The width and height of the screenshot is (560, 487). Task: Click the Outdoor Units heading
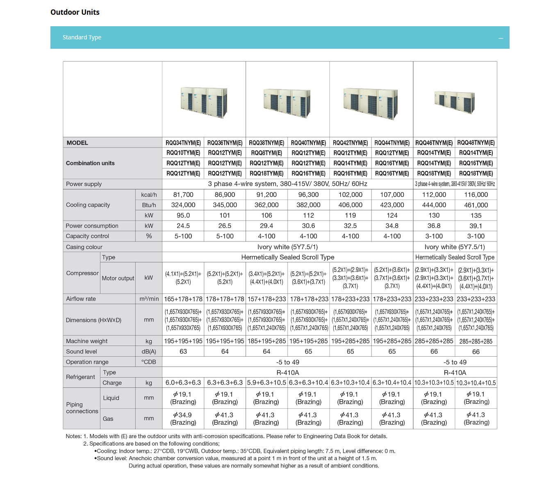click(x=75, y=12)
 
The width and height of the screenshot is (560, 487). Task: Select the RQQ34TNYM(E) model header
click(x=183, y=143)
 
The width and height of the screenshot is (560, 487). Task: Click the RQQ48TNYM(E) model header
click(x=476, y=143)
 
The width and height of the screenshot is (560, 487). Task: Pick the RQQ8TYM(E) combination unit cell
click(x=266, y=153)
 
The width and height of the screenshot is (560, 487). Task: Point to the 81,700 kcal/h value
click(x=183, y=195)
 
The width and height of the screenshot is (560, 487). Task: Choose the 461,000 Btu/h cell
click(x=476, y=205)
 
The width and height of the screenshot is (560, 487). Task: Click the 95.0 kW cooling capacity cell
click(x=183, y=215)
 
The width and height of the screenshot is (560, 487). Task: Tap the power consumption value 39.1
click(x=476, y=226)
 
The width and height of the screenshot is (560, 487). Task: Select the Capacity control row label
click(x=88, y=236)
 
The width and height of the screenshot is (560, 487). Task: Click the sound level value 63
click(x=183, y=351)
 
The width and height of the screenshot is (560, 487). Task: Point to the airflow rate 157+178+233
click(x=266, y=299)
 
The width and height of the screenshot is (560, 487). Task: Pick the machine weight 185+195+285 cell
click(x=266, y=341)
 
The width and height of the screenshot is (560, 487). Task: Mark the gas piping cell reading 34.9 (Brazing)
click(x=183, y=419)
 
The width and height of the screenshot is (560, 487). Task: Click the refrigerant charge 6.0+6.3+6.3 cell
click(x=183, y=382)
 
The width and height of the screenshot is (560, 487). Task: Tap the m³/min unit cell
click(x=149, y=299)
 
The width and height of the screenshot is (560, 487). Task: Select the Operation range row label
click(x=87, y=362)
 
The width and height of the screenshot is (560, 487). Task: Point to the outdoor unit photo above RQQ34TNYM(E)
click(x=204, y=102)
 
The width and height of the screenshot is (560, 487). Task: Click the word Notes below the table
click(x=73, y=436)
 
